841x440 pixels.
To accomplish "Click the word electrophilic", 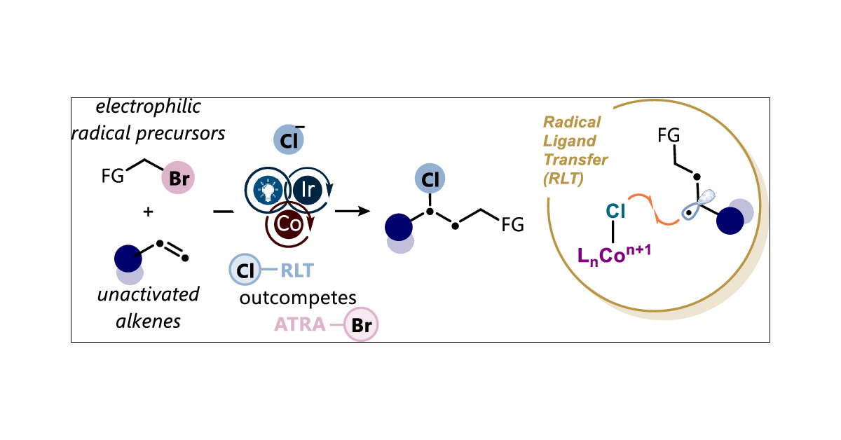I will tap(149, 107).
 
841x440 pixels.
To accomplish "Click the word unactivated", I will tap(149, 294).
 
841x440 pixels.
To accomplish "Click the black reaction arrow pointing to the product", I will tap(353, 209).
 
